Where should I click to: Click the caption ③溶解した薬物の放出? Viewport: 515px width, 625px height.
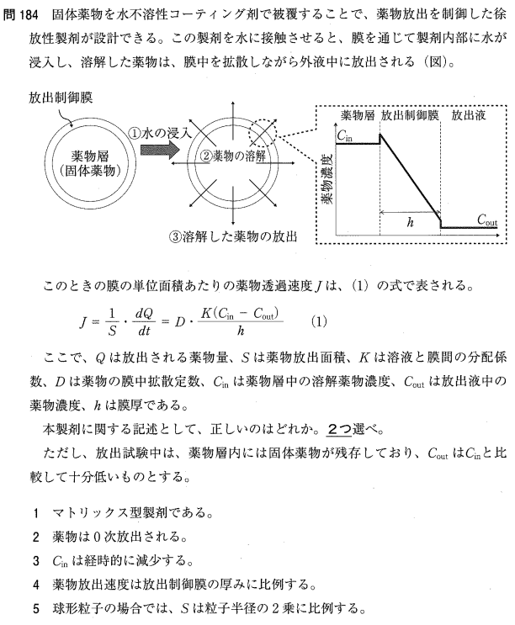pos(233,237)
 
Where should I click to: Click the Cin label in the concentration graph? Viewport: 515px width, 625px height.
pos(345,133)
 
